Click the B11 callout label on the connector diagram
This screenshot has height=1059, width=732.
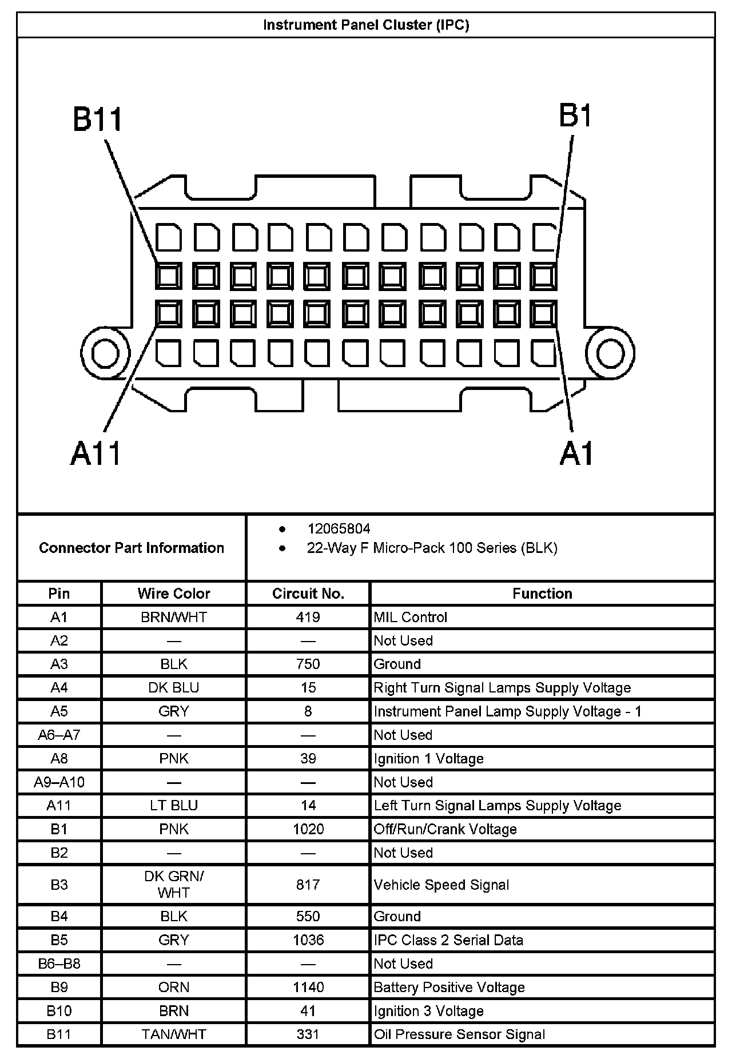pos(98,120)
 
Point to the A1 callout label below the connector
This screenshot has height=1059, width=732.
pos(576,455)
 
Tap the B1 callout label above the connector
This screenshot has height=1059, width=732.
pos(575,116)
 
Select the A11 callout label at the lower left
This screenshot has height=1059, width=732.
pos(96,455)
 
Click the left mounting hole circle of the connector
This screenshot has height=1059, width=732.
pos(105,353)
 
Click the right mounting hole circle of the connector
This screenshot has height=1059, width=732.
pos(610,353)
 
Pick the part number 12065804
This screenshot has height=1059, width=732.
pos(339,529)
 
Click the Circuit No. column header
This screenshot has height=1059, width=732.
pos(308,594)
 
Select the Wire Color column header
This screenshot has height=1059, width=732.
pos(174,594)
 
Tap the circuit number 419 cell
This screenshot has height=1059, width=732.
pos(308,617)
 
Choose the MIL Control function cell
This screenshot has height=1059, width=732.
pos(410,617)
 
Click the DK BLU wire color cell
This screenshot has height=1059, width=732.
pos(174,687)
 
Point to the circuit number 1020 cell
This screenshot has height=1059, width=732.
pos(308,829)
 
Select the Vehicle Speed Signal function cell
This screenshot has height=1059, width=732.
pos(441,885)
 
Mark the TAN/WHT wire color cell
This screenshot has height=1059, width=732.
pos(174,1034)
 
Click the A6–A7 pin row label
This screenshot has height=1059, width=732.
pos(59,735)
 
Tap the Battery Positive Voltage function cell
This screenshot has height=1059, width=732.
pos(449,987)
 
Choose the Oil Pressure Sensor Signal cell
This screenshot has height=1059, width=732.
pos(459,1034)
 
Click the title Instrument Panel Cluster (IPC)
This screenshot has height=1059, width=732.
pos(366,25)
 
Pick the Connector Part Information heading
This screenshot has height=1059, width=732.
pos(132,548)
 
